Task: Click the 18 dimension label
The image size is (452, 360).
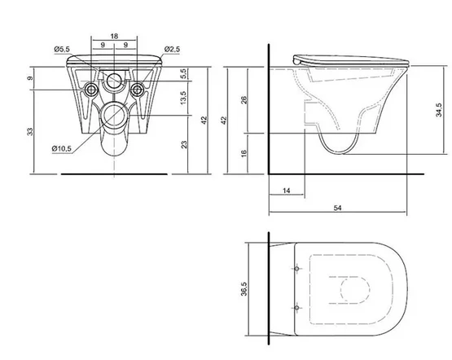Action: (x=114, y=37)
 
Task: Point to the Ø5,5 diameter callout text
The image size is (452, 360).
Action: (x=62, y=50)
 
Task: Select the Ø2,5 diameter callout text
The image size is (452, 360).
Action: (x=172, y=50)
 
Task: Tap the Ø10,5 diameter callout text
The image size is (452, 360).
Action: (x=61, y=149)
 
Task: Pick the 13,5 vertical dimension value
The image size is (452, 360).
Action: (x=183, y=98)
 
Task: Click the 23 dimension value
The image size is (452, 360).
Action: (x=183, y=144)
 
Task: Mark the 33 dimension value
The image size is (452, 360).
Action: (x=30, y=132)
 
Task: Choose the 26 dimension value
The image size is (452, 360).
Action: (x=244, y=100)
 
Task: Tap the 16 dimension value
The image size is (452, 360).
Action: (x=244, y=153)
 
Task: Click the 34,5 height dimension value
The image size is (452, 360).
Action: (x=439, y=110)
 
